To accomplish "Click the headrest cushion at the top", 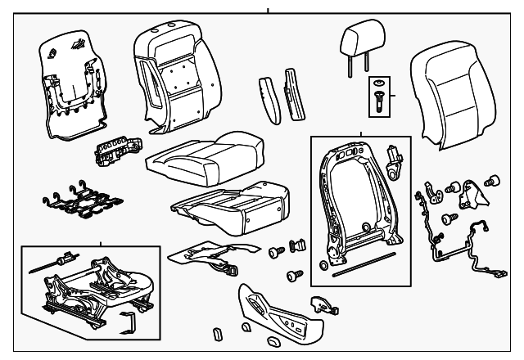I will point(355,38).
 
